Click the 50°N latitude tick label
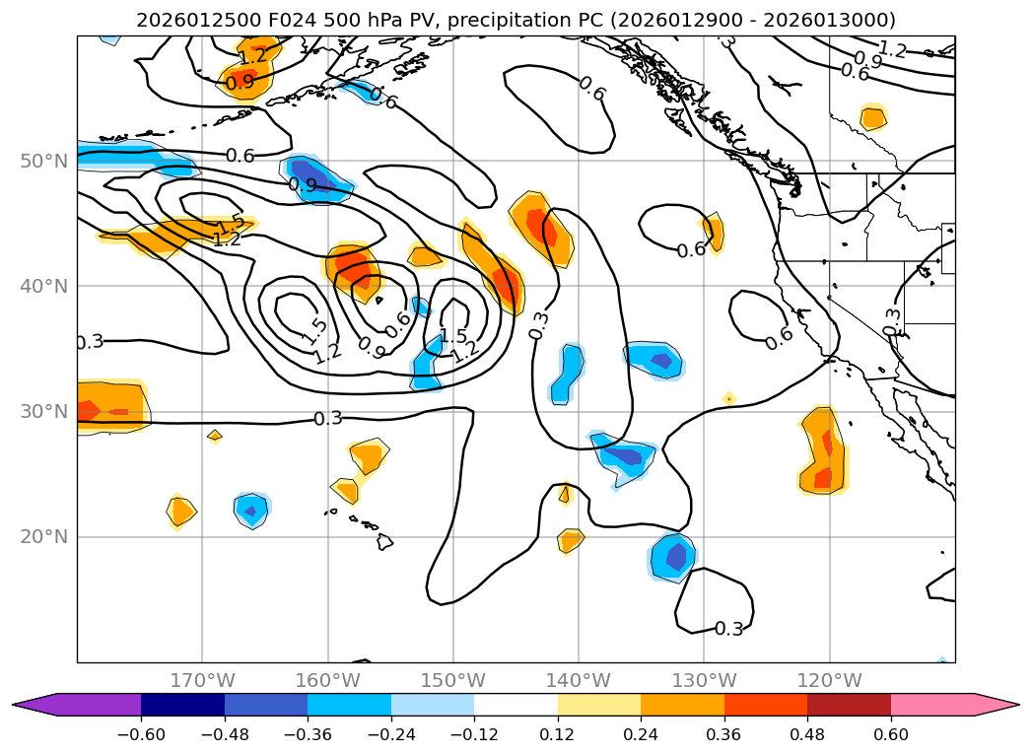(44, 161)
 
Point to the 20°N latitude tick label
(44, 537)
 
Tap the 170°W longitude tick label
(202, 680)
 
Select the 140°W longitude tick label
(579, 680)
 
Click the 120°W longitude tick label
(829, 680)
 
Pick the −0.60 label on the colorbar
(141, 734)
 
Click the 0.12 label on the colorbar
(557, 734)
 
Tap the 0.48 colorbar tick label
(807, 734)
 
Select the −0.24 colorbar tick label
(390, 734)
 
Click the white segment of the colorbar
(516, 704)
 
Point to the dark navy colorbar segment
(182, 704)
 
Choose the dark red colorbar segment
(849, 704)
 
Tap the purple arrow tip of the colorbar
(30, 704)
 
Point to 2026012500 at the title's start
(187, 20)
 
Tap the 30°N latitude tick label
(44, 412)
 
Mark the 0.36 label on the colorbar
(723, 734)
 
